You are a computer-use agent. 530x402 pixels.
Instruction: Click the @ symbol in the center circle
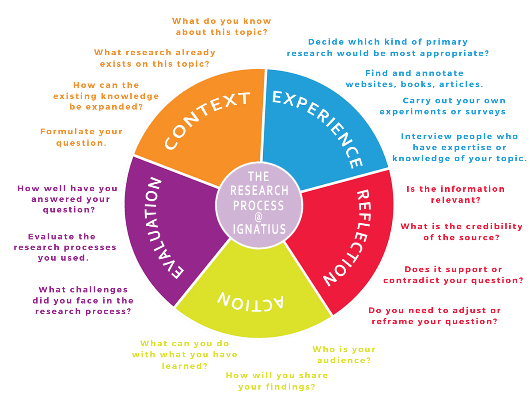259,217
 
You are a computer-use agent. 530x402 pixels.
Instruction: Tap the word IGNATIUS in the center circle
259,229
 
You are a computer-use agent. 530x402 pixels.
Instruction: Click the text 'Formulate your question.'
81,137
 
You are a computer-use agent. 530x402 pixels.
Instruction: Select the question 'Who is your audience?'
344,355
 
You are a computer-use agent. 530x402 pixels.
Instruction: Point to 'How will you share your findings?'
277,381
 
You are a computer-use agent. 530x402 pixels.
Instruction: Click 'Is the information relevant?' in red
455,194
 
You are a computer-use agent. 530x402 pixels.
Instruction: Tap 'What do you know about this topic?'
222,27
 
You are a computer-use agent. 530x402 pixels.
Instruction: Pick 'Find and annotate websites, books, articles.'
414,79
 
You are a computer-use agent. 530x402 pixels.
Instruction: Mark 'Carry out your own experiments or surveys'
443,106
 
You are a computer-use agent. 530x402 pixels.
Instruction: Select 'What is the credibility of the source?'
462,232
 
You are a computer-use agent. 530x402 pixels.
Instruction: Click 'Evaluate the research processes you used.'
65,247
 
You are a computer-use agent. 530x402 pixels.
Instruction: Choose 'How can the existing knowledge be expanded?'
106,96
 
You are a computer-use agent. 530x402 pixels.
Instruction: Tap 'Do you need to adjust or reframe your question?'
435,316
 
